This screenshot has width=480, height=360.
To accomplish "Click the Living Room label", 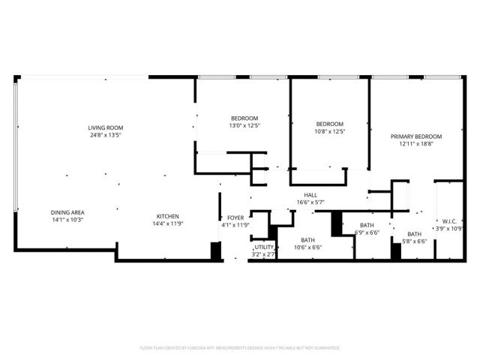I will (105, 127).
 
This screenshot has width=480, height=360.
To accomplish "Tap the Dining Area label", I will (67, 211).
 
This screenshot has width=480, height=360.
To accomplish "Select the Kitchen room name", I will (168, 215).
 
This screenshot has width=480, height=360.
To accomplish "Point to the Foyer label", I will (235, 217).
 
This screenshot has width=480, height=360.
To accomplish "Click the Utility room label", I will (264, 247).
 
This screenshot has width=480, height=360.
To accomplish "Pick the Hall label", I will (310, 194).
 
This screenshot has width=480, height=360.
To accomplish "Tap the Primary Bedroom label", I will (416, 136).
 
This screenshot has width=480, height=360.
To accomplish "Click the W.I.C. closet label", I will (450, 221).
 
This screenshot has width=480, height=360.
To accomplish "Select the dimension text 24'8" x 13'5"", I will (105, 135).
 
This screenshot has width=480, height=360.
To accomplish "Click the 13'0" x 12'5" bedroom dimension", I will (244, 126).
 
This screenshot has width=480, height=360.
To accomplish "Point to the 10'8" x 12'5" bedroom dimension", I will (329, 131).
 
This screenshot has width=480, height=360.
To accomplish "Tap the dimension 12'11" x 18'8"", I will (416, 144).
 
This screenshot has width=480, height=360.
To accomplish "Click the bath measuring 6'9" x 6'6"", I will (367, 232).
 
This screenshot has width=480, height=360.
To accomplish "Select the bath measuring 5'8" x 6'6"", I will (414, 241).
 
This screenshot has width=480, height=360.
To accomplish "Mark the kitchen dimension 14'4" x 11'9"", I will (168, 223).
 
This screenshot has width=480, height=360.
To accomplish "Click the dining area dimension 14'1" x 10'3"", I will (67, 219).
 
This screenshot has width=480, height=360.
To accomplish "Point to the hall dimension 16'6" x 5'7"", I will (310, 202).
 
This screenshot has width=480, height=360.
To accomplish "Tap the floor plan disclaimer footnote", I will (240, 348).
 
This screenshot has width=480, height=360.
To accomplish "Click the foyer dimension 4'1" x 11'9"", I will (235, 225).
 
